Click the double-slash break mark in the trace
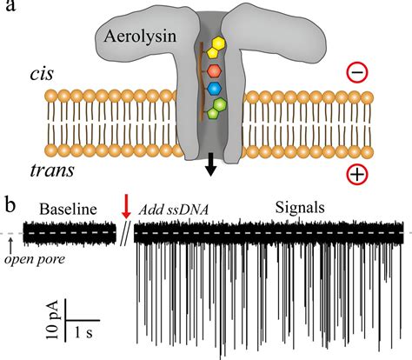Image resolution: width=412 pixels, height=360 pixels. pos(128,234)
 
